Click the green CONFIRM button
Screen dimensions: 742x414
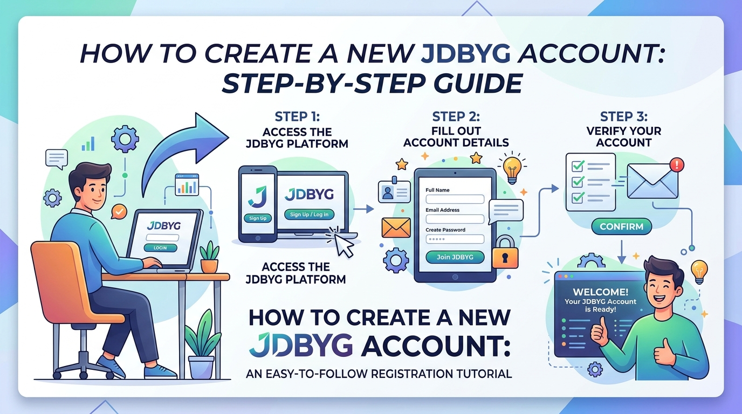[x=621, y=226]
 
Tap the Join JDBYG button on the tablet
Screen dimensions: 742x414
[x=455, y=257]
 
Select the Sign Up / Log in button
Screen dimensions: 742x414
[x=309, y=215]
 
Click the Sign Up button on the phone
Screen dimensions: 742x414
[x=258, y=218]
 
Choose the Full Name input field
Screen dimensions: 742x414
[x=455, y=199]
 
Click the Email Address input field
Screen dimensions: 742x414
[x=455, y=219]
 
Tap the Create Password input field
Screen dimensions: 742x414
[x=455, y=239]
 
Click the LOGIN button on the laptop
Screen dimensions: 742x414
[x=160, y=248]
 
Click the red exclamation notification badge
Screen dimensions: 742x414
[x=677, y=164]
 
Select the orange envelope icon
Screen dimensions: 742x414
[x=396, y=228]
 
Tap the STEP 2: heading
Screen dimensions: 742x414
[x=456, y=116]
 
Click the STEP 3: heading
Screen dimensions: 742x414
[x=624, y=116]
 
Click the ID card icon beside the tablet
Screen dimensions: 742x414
[x=394, y=191]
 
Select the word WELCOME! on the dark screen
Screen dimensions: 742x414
[x=600, y=292]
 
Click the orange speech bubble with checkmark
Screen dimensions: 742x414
[x=119, y=211]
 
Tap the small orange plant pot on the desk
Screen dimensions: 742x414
[x=209, y=266]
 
